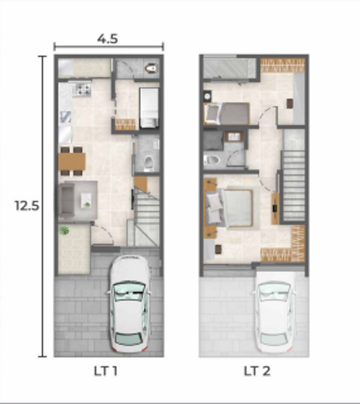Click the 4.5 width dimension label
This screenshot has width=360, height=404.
[x=108, y=39]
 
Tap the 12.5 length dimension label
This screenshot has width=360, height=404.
[x=27, y=206]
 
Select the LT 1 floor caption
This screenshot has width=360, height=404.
[x=106, y=371]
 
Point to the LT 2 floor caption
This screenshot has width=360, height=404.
[x=257, y=371]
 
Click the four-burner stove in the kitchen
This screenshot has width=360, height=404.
[x=82, y=89]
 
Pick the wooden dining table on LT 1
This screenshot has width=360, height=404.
[x=72, y=161]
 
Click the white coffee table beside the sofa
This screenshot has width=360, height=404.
[x=86, y=201]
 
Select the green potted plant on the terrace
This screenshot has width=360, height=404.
[x=64, y=230]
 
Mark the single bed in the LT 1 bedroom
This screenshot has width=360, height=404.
[x=149, y=108]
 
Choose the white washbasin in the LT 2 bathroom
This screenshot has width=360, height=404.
[x=234, y=136]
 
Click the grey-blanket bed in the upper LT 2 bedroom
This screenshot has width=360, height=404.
[x=226, y=113]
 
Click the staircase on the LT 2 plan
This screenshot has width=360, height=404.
[x=294, y=185]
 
